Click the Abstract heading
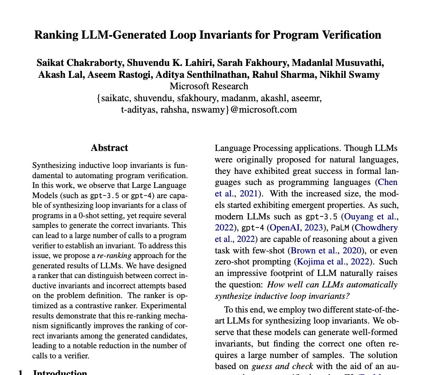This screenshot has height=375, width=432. point(109,148)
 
